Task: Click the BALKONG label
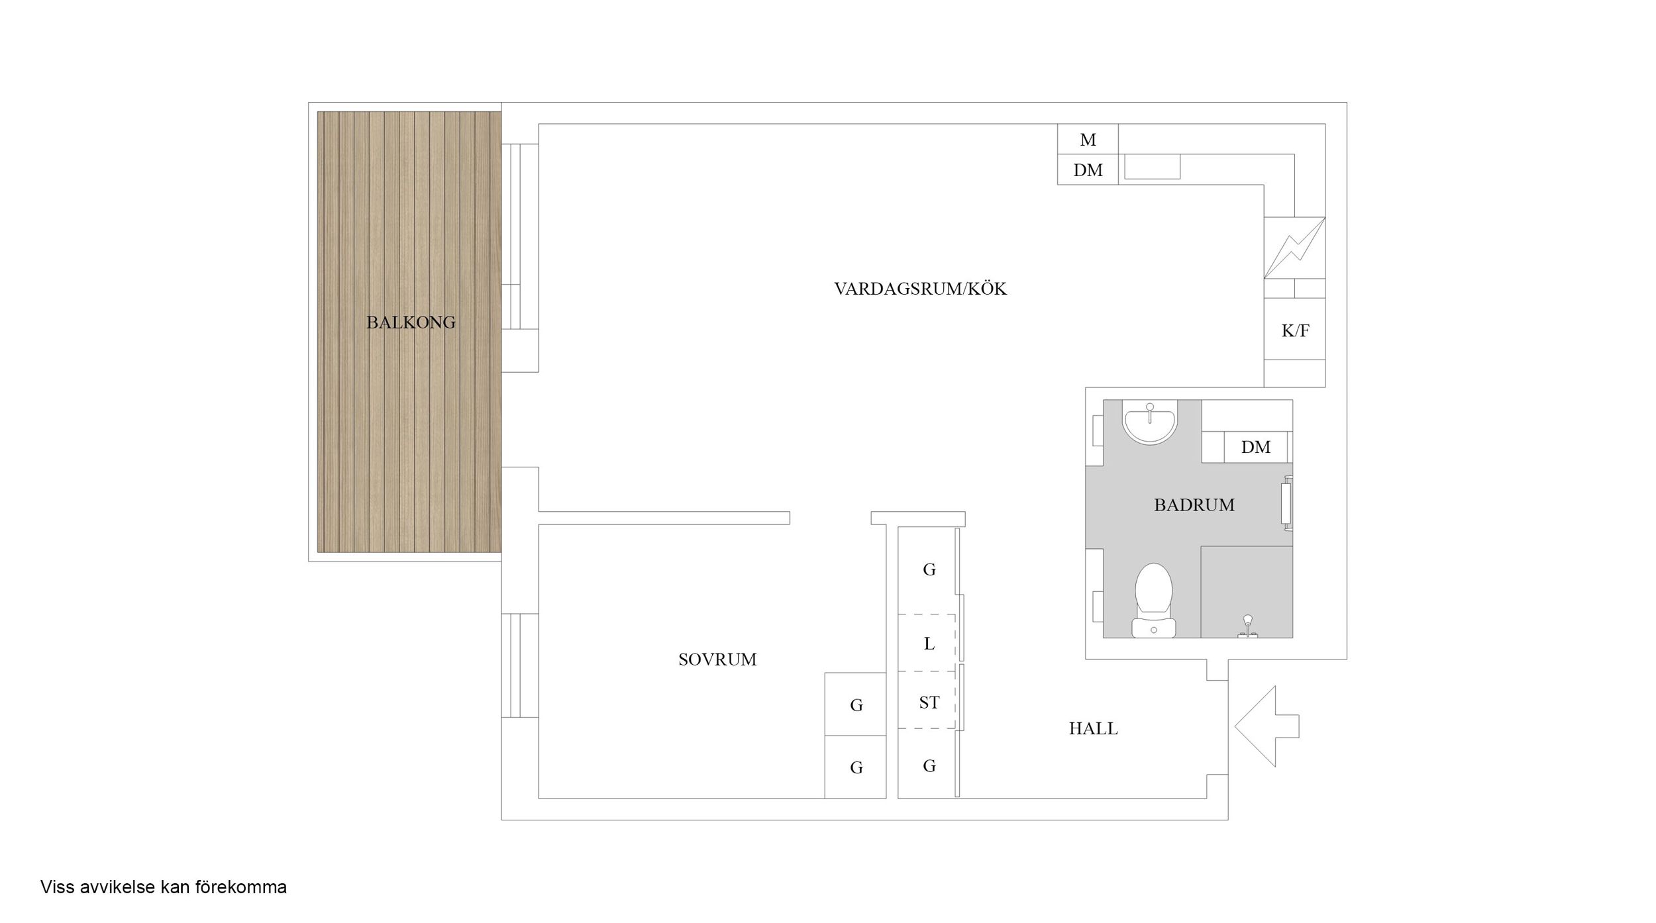pos(411,322)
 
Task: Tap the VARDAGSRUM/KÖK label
pos(920,289)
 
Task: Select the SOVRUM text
pos(717,659)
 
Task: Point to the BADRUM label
pos(1194,505)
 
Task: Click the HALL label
pos(1093,728)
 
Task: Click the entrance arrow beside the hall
pos(1267,726)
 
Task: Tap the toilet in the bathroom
pos(1153,600)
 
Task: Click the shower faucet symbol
pos(1247,626)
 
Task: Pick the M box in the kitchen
pos(1088,139)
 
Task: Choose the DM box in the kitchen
pos(1088,170)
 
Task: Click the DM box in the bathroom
pos(1255,447)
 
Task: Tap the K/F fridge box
pos(1294,329)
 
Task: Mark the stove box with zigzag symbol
pos(1294,248)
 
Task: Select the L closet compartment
pos(928,643)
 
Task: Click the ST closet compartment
pos(928,701)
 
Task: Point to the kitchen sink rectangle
pos(1153,167)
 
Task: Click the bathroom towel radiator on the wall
pos(1287,503)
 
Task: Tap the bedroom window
pos(519,665)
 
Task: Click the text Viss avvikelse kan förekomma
pos(164,887)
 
